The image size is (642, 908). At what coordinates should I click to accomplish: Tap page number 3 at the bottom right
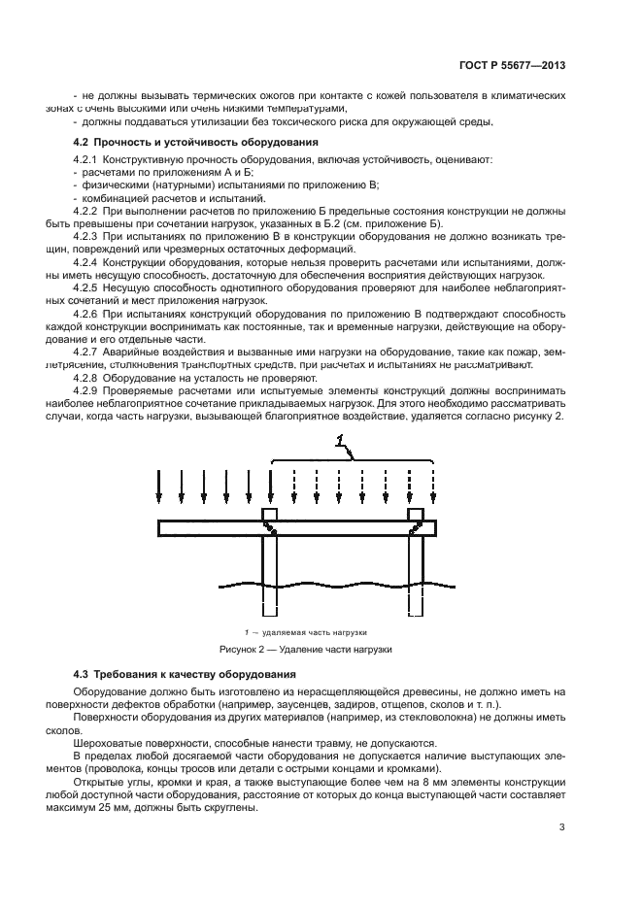pos(562,827)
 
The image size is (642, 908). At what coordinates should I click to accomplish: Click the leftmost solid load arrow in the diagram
pos(158,486)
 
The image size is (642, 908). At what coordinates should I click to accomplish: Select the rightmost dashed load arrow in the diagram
pos(433,486)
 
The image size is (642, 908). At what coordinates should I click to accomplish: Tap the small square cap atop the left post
pos(269,514)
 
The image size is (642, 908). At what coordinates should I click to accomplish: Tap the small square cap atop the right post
pos(416,514)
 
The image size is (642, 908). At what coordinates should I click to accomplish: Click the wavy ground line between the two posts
pos(340,587)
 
